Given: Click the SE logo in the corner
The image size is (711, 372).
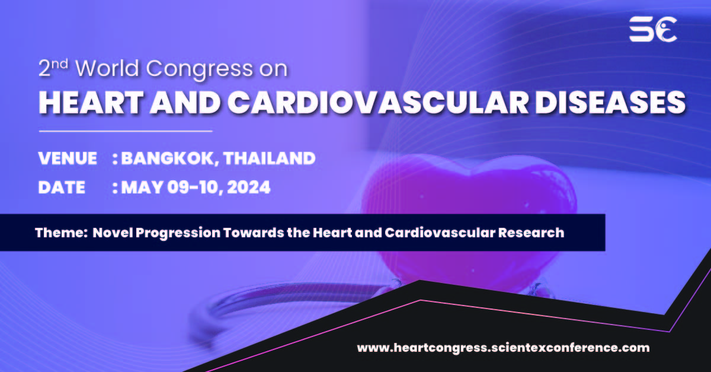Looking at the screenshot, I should (x=653, y=29).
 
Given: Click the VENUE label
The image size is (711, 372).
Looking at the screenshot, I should (x=68, y=158).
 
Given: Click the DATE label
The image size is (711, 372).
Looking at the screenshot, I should (x=62, y=188).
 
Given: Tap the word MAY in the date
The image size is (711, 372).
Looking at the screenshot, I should (x=140, y=188).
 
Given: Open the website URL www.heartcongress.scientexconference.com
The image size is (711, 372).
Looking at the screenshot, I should (x=503, y=348).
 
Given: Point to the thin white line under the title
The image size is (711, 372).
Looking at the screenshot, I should (x=125, y=130).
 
